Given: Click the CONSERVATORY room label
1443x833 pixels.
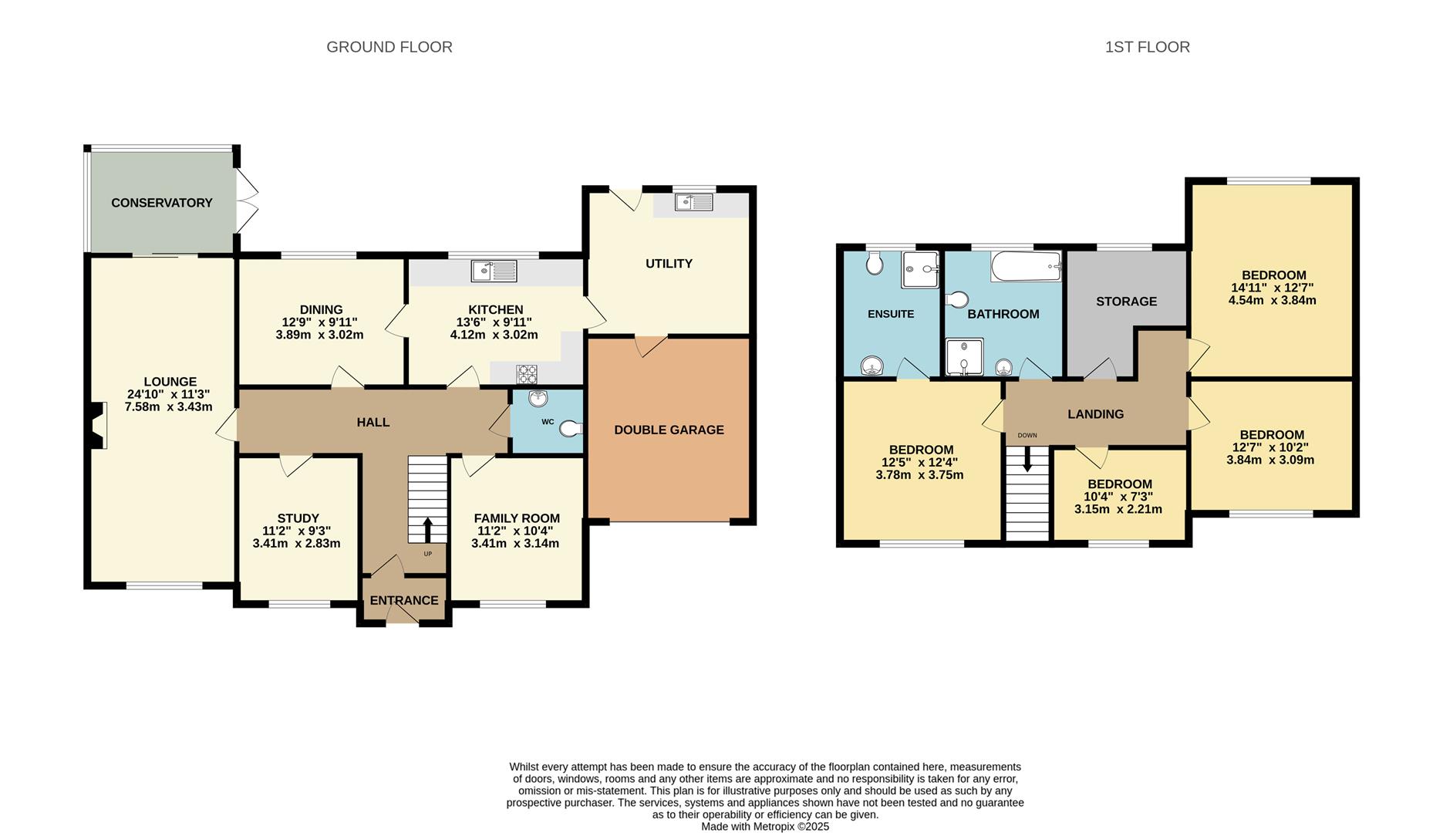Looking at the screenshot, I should point(161,203).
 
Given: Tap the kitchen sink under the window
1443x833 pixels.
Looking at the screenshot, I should point(494,271).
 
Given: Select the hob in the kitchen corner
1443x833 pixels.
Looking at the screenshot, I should point(527,374).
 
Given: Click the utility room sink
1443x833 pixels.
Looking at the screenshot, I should point(694,202).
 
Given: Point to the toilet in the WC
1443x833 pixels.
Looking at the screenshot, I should point(571,428).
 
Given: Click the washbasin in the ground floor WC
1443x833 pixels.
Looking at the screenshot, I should point(538,399).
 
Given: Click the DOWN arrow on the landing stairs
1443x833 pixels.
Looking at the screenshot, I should point(1027,460).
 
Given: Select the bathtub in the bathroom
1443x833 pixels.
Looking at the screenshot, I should point(1025,267).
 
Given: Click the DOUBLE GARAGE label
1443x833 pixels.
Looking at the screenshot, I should point(669,430).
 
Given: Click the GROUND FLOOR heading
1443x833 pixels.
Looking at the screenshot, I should point(389,47).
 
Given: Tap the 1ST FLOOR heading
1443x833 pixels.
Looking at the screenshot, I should point(1147,47).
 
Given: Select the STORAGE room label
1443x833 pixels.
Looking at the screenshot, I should point(1126,302).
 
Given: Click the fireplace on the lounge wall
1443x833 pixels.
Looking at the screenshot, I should point(96,425).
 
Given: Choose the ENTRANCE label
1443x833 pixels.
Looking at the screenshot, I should point(403,600).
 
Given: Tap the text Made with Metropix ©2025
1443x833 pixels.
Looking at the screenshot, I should point(764,826).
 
